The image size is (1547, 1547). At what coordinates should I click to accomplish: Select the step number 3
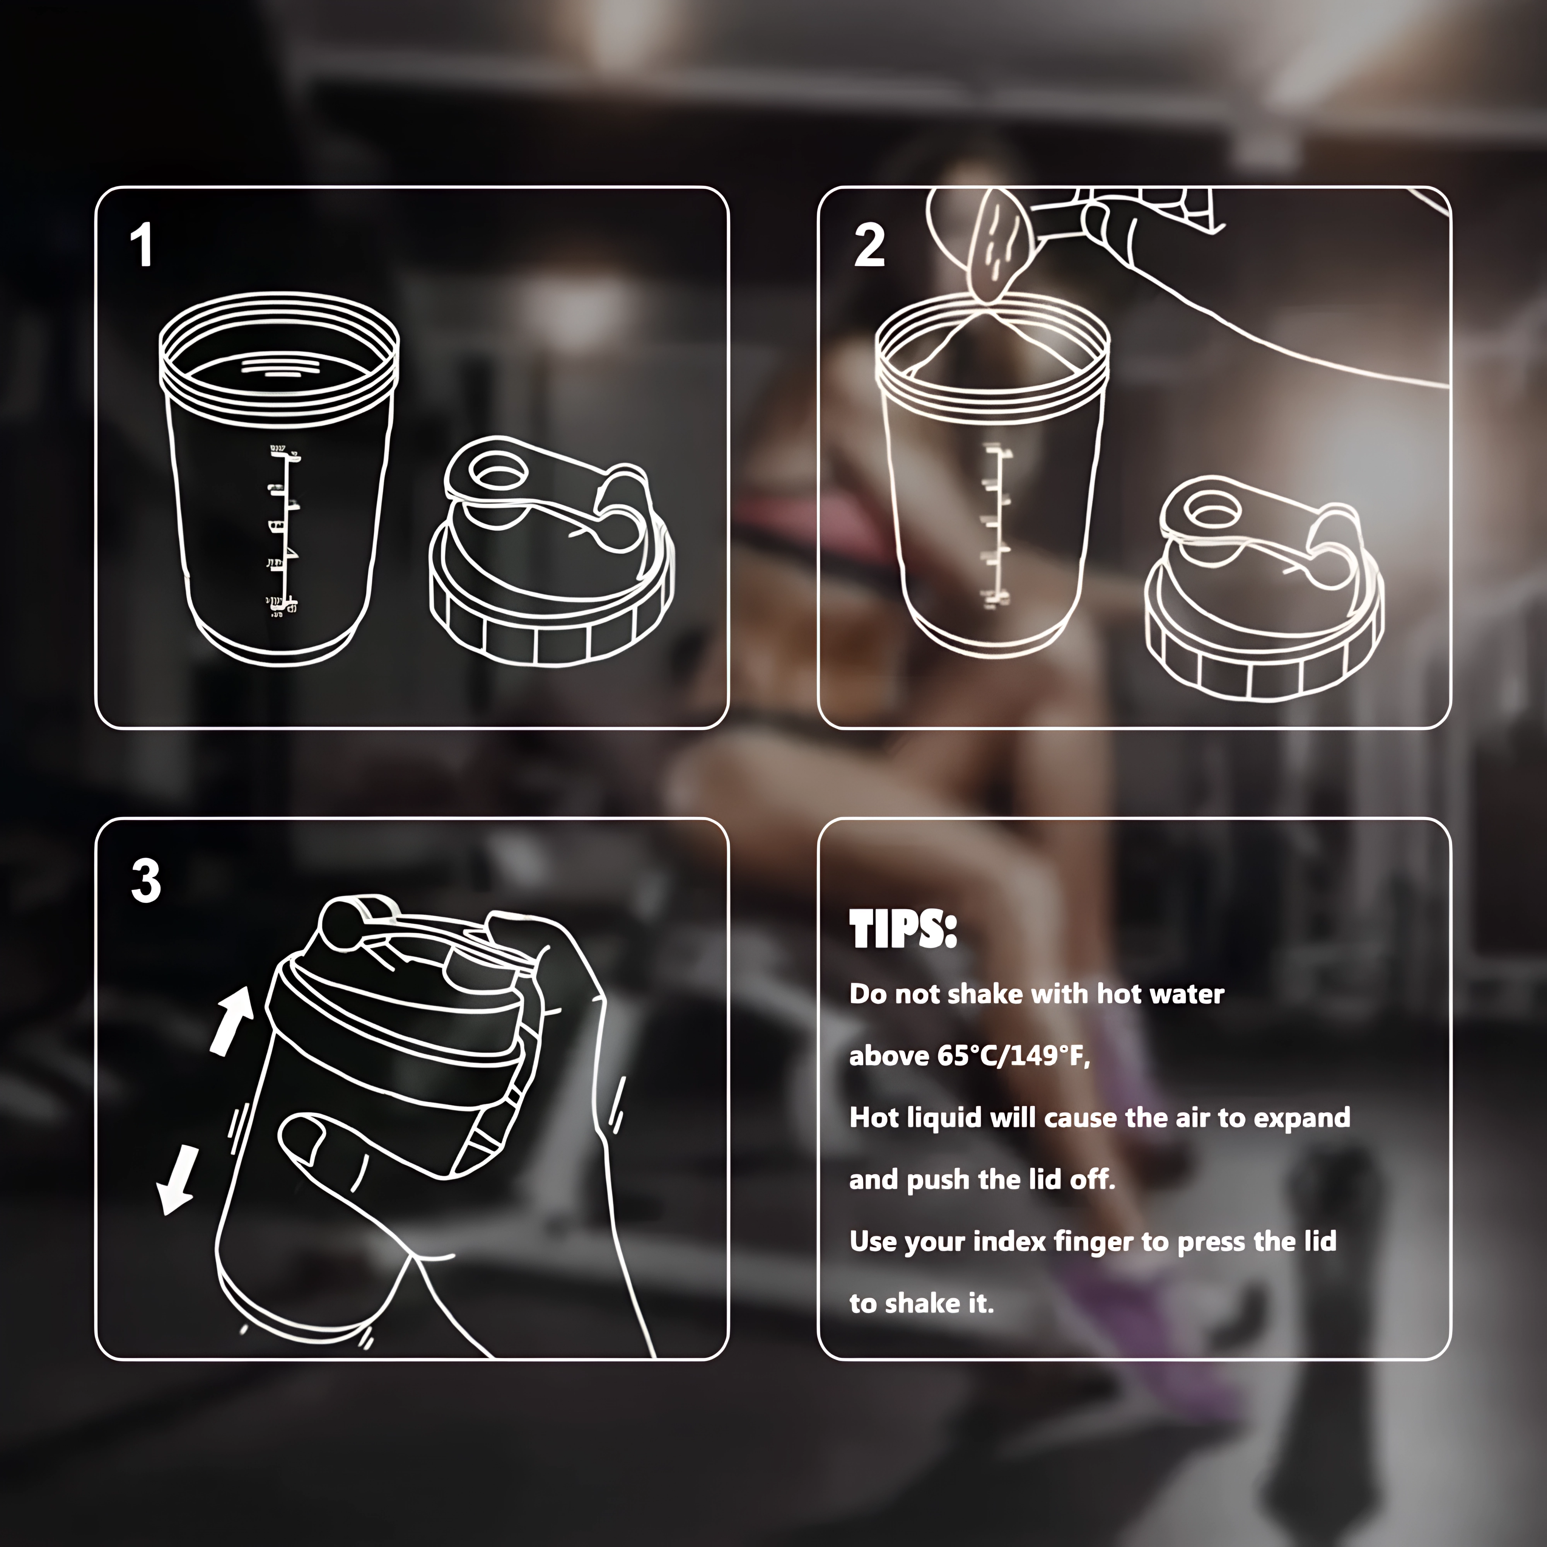coord(146,882)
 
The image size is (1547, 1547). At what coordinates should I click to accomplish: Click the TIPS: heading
coord(902,931)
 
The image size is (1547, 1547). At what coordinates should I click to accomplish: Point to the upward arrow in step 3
coord(231,1019)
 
